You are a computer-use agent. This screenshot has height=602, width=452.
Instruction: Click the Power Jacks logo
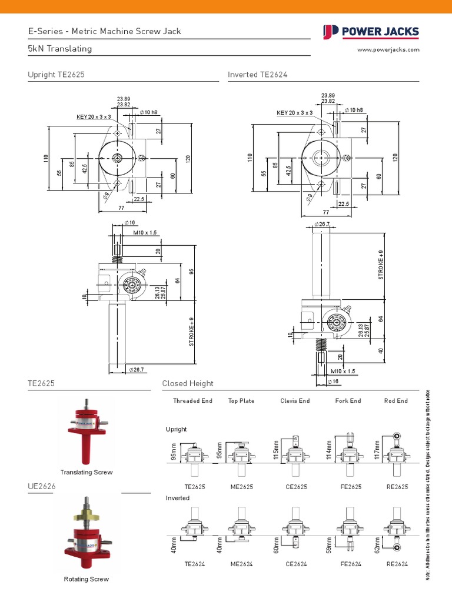click(x=371, y=32)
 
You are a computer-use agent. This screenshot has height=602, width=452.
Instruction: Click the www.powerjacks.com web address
click(x=388, y=50)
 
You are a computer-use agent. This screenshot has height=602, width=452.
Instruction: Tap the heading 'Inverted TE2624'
click(x=258, y=75)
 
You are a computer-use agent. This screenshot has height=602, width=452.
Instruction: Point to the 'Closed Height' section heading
click(x=188, y=383)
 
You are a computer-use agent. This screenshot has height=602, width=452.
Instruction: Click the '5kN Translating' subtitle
click(x=60, y=49)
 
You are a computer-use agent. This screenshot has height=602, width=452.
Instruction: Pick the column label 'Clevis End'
click(x=295, y=401)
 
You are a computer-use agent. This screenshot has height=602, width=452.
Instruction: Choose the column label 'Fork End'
click(x=348, y=401)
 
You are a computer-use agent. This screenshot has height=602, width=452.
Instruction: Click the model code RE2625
click(x=397, y=487)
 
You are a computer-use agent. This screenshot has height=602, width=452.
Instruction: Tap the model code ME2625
click(x=241, y=487)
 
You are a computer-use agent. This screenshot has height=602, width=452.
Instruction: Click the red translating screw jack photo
click(x=87, y=432)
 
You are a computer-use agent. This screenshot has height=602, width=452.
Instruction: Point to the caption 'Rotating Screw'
click(x=87, y=579)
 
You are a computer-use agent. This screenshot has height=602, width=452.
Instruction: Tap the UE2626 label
click(x=41, y=487)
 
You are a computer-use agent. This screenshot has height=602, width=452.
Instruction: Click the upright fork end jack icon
click(x=350, y=453)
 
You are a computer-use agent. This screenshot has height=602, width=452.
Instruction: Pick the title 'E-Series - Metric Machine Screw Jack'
click(x=105, y=31)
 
